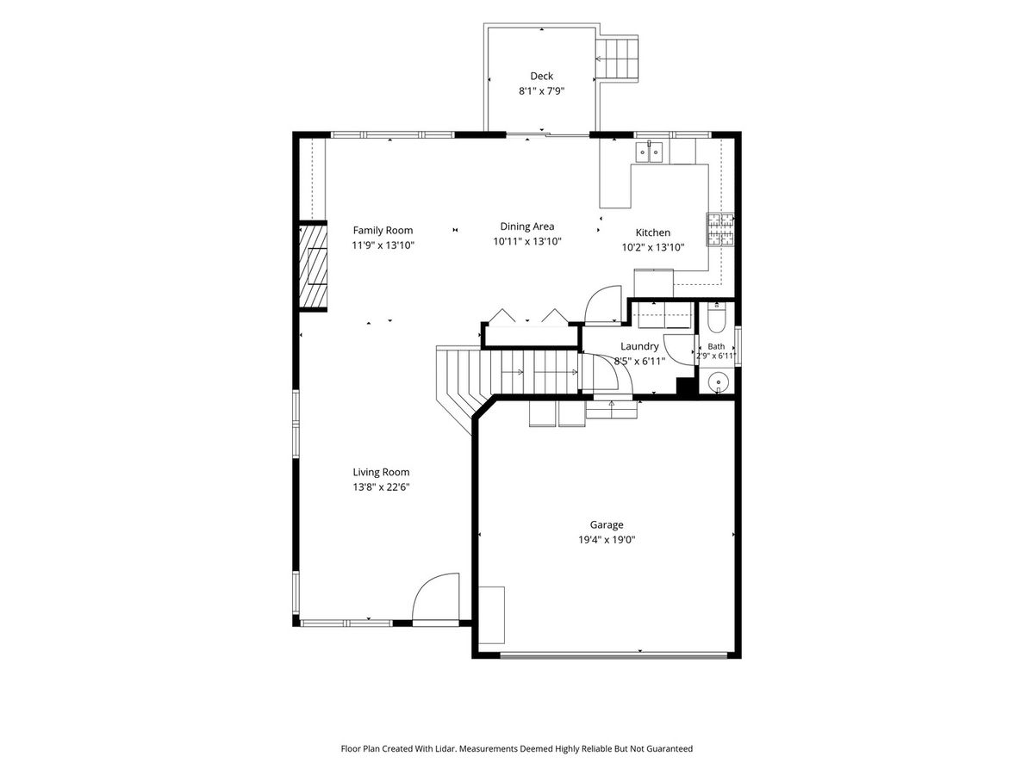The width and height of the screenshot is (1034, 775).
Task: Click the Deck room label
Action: tap(541, 76)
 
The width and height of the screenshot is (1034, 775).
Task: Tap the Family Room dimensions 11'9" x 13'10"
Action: tap(383, 245)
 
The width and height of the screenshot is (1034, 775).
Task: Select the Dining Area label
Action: tap(527, 226)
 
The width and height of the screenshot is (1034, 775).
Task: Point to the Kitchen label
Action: tap(652, 232)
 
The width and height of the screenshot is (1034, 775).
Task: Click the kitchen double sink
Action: tap(649, 152)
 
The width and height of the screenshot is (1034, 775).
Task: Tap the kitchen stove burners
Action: tap(719, 230)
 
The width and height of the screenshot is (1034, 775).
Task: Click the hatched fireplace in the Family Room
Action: tap(314, 267)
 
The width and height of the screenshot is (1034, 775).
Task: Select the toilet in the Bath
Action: tap(717, 318)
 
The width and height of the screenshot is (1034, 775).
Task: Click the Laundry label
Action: tap(638, 346)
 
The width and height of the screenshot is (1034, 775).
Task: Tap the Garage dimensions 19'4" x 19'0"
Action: tap(607, 540)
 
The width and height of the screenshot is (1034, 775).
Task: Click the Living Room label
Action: tap(381, 472)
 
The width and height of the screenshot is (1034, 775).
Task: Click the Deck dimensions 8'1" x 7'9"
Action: tap(541, 90)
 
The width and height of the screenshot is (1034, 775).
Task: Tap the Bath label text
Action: tap(716, 346)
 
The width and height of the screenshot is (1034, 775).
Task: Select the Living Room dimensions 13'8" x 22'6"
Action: tap(381, 487)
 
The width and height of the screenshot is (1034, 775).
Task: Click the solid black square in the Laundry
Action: tap(685, 387)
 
